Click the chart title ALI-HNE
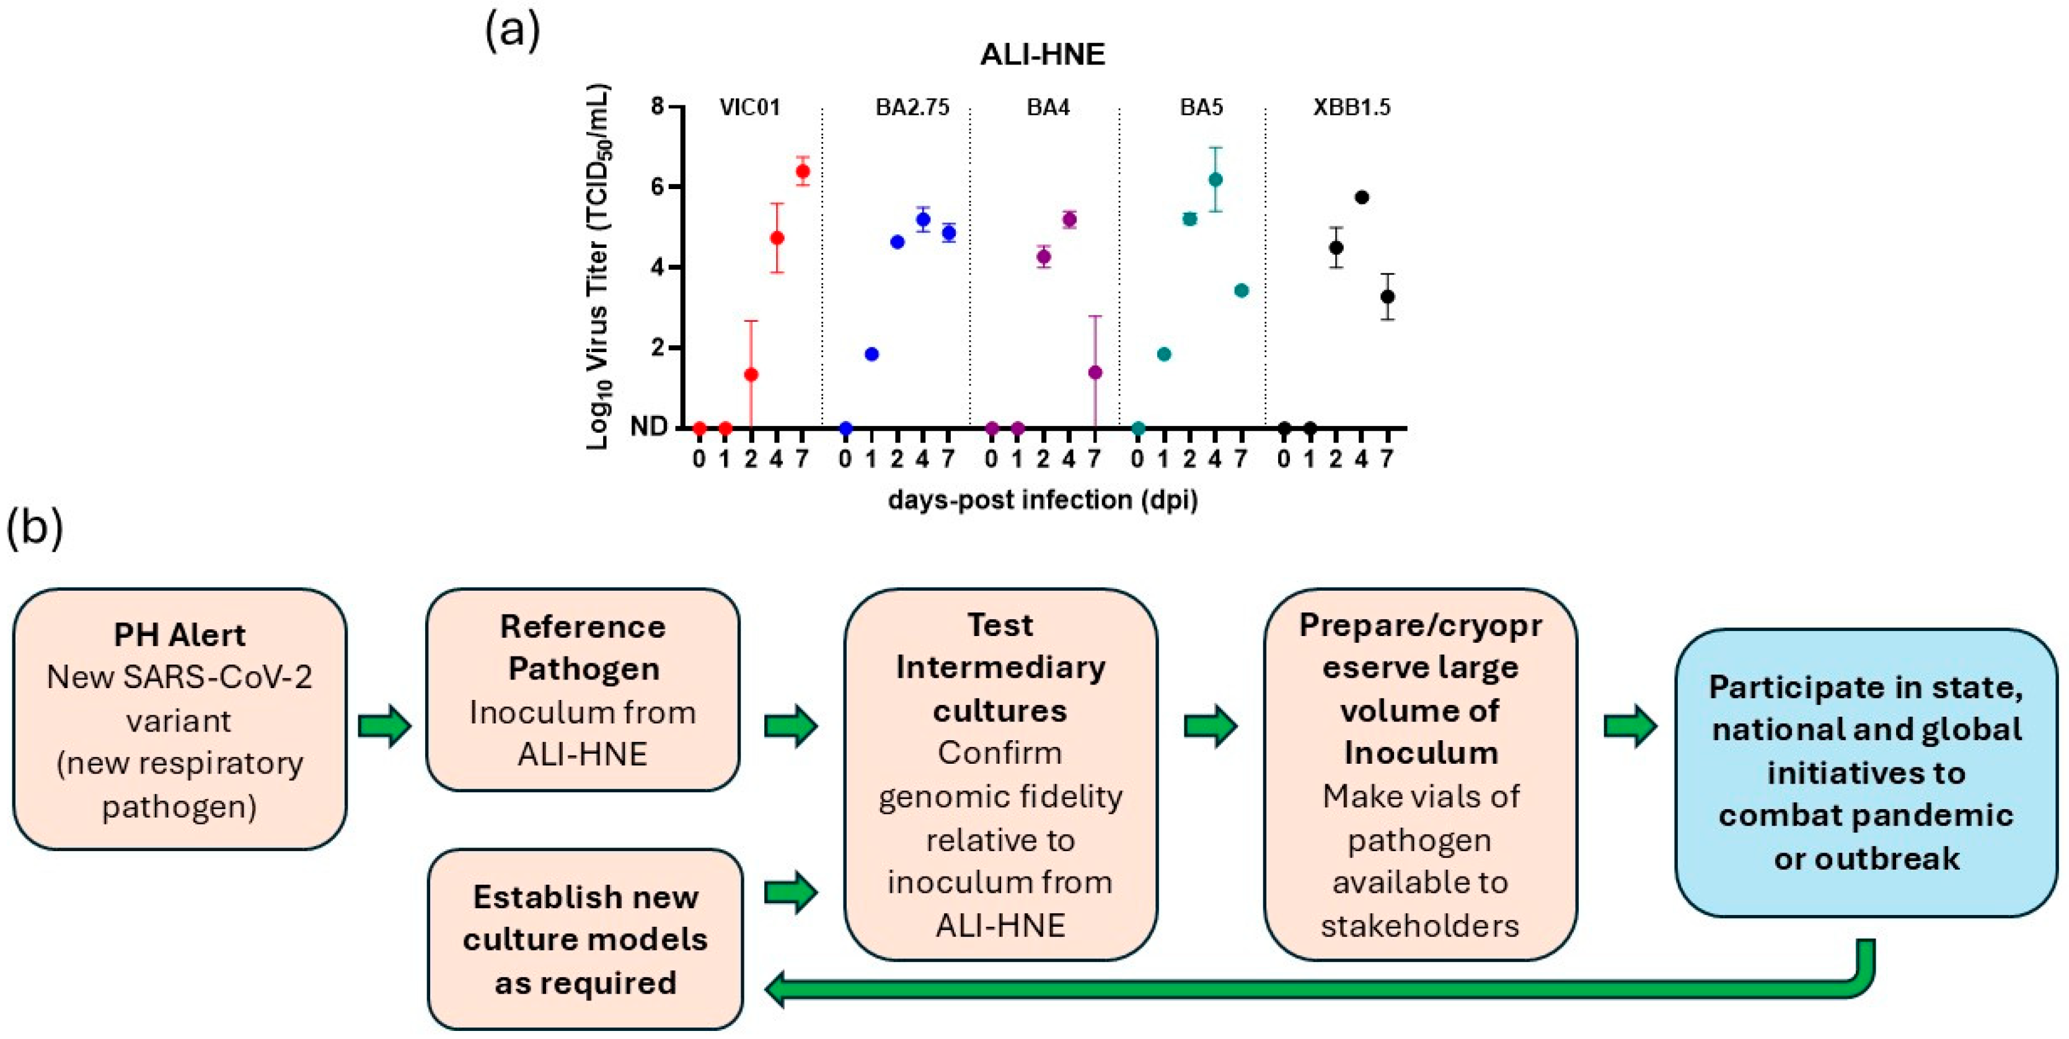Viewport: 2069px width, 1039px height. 1043,55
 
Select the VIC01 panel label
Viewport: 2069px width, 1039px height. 749,107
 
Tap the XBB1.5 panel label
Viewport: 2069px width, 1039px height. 1352,107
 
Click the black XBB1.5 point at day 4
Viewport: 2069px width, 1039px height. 1361,197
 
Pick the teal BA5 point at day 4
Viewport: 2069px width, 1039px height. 1215,179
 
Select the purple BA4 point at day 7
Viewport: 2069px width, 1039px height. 1095,372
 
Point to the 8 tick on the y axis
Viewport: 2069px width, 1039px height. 658,106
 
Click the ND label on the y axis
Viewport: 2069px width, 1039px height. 648,427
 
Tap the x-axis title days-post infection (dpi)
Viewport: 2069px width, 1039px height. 1043,500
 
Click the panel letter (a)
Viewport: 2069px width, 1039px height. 511,30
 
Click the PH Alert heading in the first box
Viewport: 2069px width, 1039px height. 179,635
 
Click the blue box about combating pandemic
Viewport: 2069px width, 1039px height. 1866,772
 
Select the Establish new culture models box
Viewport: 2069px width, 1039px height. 585,939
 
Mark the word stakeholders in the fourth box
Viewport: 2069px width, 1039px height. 1419,926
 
